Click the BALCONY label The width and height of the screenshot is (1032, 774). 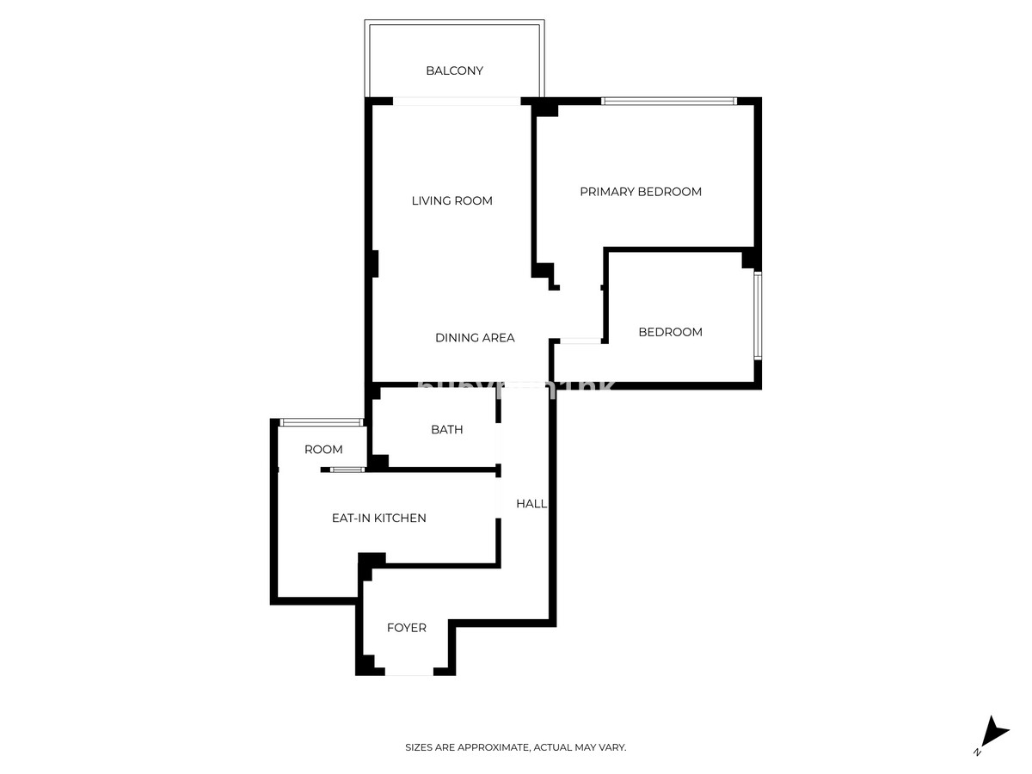click(454, 71)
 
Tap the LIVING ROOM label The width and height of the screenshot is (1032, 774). click(451, 200)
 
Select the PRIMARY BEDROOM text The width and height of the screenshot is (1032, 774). click(640, 192)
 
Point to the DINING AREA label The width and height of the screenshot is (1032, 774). click(475, 338)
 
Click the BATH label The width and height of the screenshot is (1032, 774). click(446, 429)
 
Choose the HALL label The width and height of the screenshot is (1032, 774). click(531, 503)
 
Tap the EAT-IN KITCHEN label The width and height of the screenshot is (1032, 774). click(378, 518)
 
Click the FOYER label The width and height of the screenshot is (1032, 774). click(406, 628)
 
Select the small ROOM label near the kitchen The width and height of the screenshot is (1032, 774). click(323, 449)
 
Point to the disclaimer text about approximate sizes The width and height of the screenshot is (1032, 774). click(515, 747)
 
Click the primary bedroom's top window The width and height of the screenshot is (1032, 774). click(668, 101)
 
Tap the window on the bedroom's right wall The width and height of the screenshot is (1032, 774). click(757, 316)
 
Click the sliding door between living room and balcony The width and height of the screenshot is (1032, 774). click(458, 101)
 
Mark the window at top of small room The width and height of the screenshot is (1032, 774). click(321, 421)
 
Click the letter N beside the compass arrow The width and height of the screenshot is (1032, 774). click(977, 752)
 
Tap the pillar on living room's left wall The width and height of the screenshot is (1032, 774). click(374, 263)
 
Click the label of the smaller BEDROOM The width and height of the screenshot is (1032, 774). click(670, 332)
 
